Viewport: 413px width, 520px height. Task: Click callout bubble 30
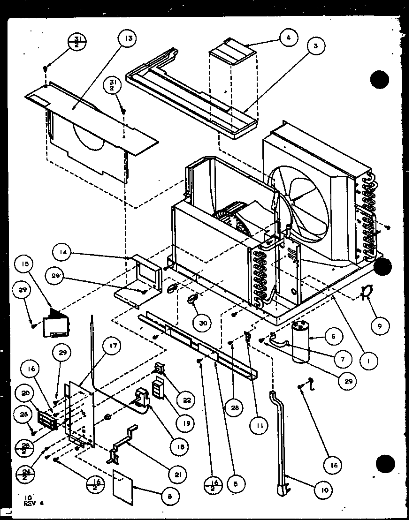tap(203, 323)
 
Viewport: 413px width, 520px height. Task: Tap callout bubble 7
tap(342, 360)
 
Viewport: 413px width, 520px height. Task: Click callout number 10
tap(324, 490)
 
